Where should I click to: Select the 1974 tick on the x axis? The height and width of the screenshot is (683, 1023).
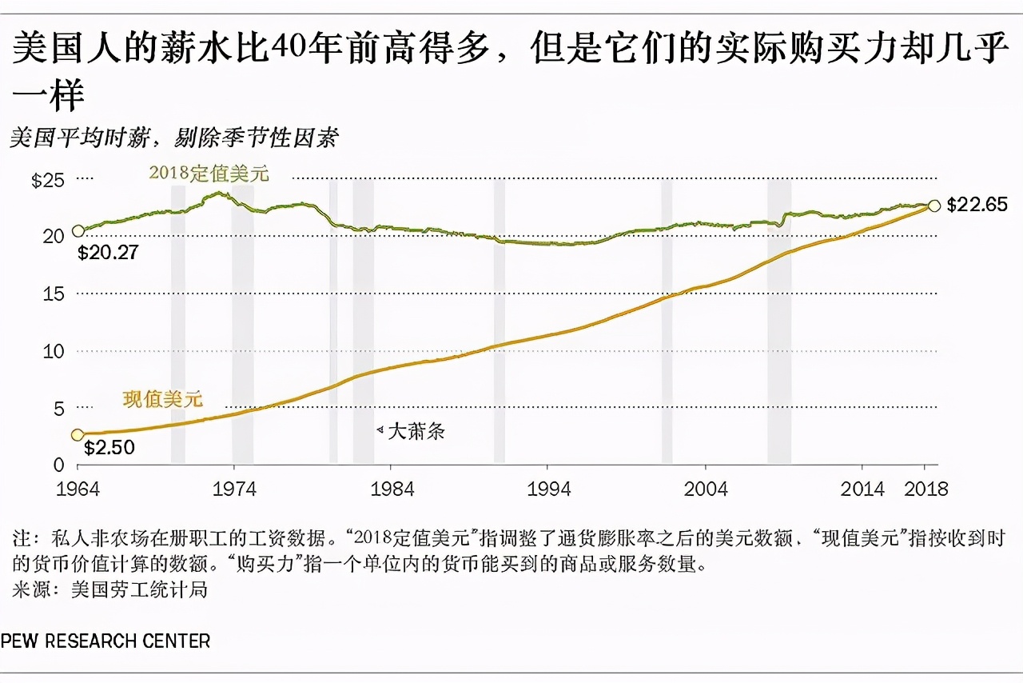(234, 489)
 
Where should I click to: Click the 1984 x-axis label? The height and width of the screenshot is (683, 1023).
(392, 489)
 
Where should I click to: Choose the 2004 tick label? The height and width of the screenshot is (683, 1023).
(706, 489)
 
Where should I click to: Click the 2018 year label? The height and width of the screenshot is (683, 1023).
(925, 489)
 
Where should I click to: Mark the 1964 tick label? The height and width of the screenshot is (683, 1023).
(78, 489)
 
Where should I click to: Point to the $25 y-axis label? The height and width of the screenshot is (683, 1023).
(47, 180)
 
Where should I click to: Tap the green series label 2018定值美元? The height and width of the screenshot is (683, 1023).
(209, 173)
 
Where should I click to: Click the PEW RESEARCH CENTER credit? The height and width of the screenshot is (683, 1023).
(105, 641)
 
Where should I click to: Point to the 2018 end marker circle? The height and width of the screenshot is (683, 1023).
(933, 206)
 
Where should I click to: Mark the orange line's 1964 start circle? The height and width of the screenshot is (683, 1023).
(78, 434)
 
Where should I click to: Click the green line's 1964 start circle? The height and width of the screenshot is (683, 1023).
(78, 231)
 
